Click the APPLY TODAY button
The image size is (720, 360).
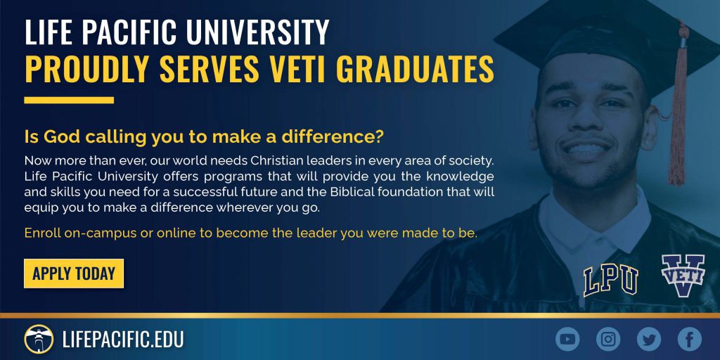(73, 274)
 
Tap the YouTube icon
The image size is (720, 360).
(567, 340)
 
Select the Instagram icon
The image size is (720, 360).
(608, 340)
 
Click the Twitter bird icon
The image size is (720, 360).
(649, 340)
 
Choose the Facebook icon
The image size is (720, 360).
(690, 340)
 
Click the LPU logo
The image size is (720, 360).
(611, 280)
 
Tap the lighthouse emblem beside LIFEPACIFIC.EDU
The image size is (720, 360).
(39, 340)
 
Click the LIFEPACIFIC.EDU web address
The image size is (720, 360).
(123, 340)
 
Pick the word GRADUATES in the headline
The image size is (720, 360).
(418, 69)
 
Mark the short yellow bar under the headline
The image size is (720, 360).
(69, 100)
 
